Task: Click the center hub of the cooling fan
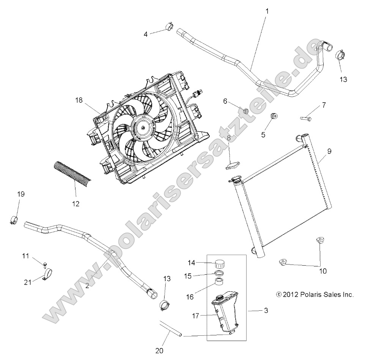tap(142, 128)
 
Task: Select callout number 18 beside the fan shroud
tap(79, 100)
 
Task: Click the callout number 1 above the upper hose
tap(267, 11)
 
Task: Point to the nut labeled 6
tap(245, 111)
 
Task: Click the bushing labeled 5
tap(273, 115)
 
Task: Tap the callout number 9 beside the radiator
tap(329, 151)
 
